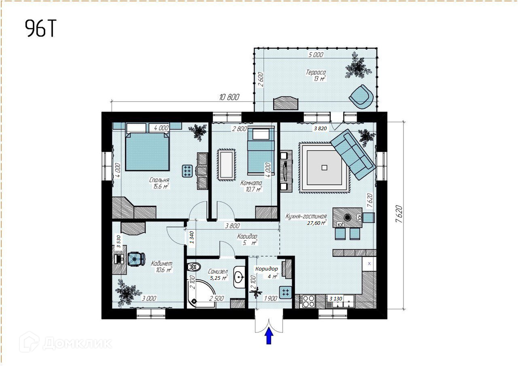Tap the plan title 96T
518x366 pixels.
pyautogui.click(x=40, y=28)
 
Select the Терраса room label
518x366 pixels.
pyautogui.click(x=316, y=72)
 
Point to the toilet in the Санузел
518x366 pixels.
pyautogui.click(x=194, y=267)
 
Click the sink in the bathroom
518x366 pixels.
pyautogui.click(x=239, y=277)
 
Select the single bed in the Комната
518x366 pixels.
pyautogui.click(x=261, y=151)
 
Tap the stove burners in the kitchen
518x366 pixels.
pyautogui.click(x=308, y=301)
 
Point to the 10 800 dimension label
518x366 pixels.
pyautogui.click(x=229, y=97)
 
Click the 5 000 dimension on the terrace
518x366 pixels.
pyautogui.click(x=316, y=55)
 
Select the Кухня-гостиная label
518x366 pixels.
pyautogui.click(x=306, y=216)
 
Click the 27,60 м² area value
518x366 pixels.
pyautogui.click(x=317, y=223)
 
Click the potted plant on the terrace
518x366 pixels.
pyautogui.click(x=359, y=66)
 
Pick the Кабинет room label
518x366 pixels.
pyautogui.click(x=161, y=263)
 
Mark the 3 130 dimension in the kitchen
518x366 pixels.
pyautogui.click(x=335, y=299)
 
